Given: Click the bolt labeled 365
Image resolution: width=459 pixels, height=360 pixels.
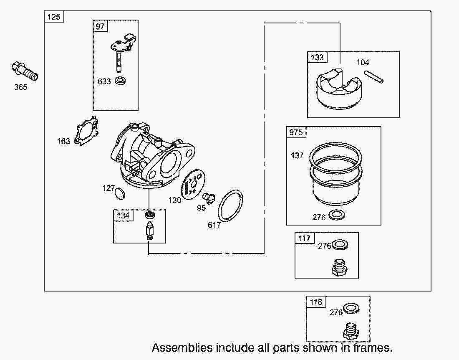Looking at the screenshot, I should point(25,71).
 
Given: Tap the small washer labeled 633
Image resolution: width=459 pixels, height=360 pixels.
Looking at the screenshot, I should point(121,81).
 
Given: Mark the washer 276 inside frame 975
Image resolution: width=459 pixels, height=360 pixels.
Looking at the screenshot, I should point(335,215).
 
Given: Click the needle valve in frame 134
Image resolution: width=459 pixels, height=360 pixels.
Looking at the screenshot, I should point(149,230).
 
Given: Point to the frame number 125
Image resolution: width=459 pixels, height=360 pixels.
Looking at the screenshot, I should point(54,17).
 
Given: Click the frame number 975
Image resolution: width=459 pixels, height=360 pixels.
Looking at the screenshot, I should point(296,133).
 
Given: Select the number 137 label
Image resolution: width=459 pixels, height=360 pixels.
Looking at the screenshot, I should point(297,156).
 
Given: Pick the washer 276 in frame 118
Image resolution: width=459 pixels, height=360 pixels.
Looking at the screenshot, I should point(353,309).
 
